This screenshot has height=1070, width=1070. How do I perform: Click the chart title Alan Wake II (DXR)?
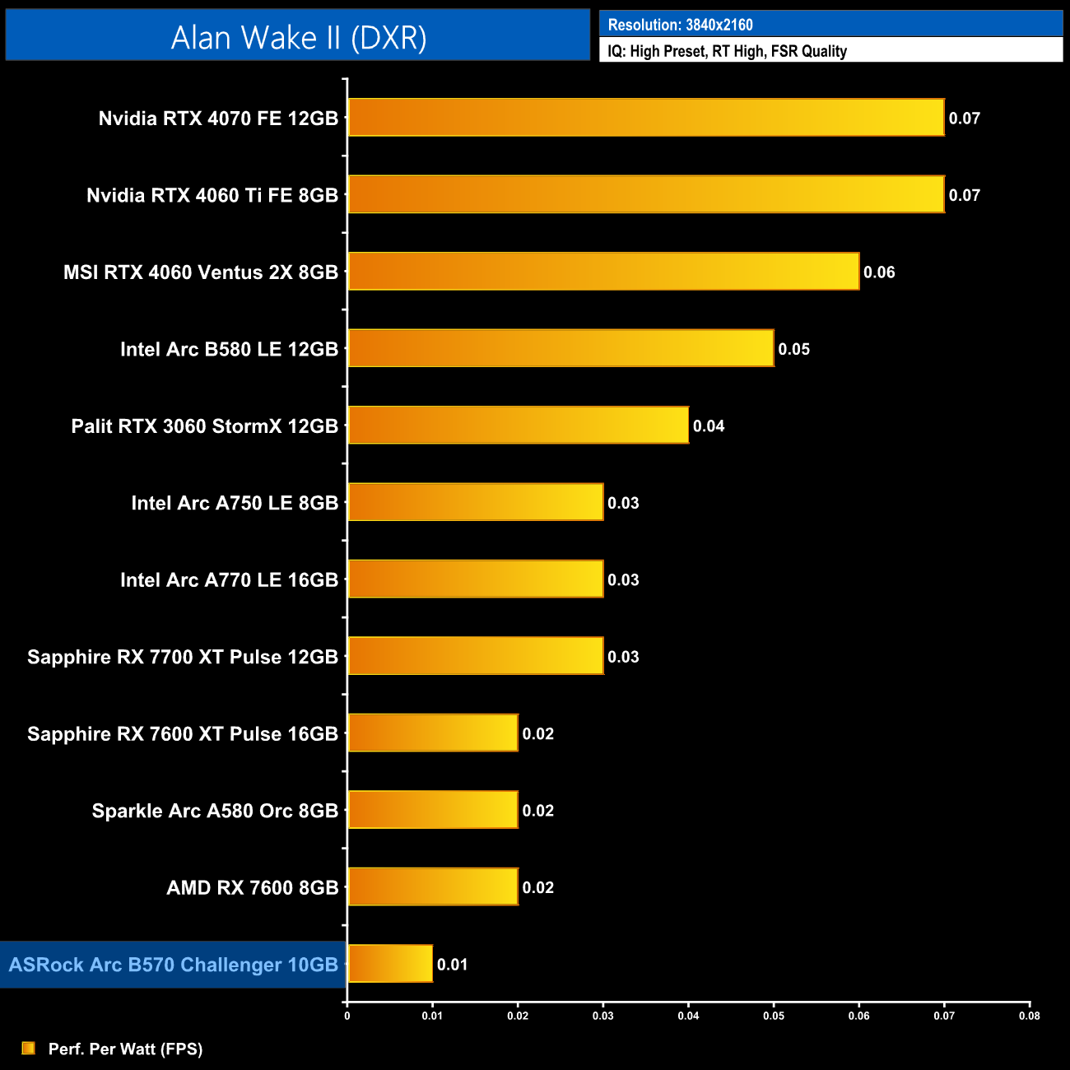point(298,38)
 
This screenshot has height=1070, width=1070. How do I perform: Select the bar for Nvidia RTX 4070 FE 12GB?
point(646,118)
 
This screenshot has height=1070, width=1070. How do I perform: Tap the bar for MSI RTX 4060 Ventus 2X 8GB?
point(603,272)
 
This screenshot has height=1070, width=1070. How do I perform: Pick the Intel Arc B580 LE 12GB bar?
point(561,348)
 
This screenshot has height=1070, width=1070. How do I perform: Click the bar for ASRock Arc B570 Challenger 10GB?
point(390,964)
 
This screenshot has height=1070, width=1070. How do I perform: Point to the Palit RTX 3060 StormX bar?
point(518,426)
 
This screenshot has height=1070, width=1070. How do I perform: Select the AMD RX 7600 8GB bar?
point(433,887)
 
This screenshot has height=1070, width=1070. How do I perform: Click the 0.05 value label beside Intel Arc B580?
point(794,349)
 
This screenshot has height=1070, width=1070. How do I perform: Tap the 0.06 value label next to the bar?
point(879,272)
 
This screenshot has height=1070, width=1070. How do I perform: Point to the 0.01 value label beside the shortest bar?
point(453,965)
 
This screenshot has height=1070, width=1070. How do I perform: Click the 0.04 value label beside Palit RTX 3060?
point(709,426)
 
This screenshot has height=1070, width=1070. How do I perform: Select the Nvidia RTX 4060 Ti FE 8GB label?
point(212,196)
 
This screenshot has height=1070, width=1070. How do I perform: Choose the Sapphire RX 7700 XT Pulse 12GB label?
point(183,657)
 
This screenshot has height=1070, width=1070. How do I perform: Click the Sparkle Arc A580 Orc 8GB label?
point(215,811)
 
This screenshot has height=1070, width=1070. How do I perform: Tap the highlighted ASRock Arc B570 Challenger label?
point(173,965)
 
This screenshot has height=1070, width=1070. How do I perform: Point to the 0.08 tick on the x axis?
point(1029,1016)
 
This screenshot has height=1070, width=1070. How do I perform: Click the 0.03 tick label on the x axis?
point(602,1016)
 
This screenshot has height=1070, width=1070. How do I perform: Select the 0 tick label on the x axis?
point(347,1016)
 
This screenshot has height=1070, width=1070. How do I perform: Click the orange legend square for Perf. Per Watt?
point(29,1048)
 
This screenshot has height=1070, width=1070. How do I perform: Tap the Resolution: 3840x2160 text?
point(680,25)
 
